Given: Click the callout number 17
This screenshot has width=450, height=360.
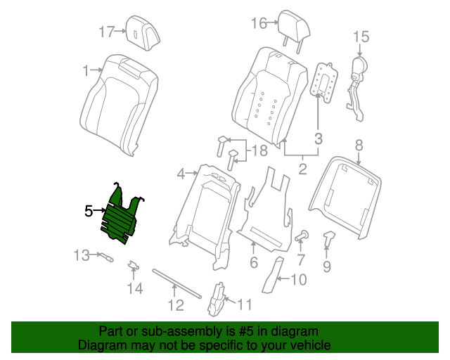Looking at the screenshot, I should tap(106, 31).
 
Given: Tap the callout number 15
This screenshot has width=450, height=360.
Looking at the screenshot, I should tap(361, 36).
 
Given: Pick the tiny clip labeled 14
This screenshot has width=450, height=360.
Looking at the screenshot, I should tap(132, 266).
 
